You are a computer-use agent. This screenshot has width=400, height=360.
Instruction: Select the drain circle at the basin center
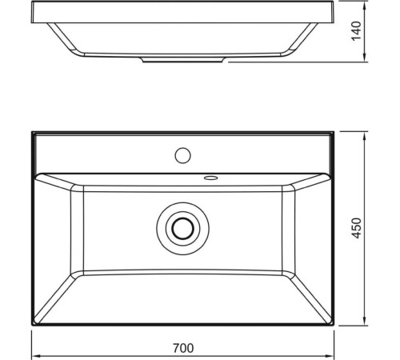coord(184,227)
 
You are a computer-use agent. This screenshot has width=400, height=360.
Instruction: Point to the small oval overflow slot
coord(211,178)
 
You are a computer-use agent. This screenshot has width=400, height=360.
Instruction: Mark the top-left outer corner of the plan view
coord(33,132)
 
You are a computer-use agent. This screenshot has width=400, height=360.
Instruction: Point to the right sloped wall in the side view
coord(300,39)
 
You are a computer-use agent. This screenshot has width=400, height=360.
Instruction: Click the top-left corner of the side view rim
coord(34,4)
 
